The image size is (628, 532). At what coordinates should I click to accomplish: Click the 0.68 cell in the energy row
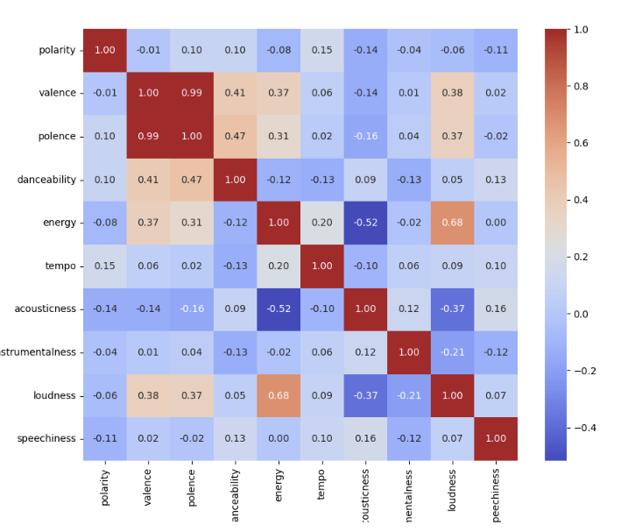452,223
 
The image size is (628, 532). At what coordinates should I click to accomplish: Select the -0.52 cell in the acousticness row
279,309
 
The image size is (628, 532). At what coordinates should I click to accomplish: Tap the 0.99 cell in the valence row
192,93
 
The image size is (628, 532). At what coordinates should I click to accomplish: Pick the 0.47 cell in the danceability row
192,180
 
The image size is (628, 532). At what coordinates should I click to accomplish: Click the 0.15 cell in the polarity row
321,50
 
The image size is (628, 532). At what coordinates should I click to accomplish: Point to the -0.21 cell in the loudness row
408,395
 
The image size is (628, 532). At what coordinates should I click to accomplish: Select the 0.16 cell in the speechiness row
365,438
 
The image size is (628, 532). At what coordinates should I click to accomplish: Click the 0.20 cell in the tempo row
279,266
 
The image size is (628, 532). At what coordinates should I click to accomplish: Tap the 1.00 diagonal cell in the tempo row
321,266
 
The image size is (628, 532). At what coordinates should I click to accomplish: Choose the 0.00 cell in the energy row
496,223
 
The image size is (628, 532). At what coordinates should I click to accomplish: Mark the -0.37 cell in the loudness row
365,395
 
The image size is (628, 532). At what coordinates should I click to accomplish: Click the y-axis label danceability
46,180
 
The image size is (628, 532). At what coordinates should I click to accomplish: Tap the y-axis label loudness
54,395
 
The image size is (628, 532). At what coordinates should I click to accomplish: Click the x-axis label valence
148,487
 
